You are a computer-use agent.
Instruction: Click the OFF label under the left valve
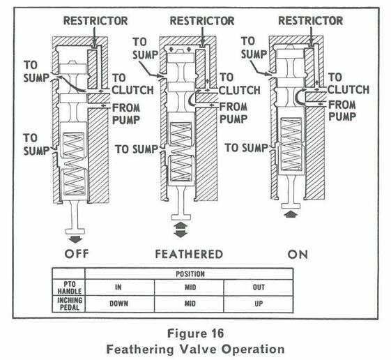86,253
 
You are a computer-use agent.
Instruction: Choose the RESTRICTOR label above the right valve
310,20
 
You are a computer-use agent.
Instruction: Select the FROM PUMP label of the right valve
343,109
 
